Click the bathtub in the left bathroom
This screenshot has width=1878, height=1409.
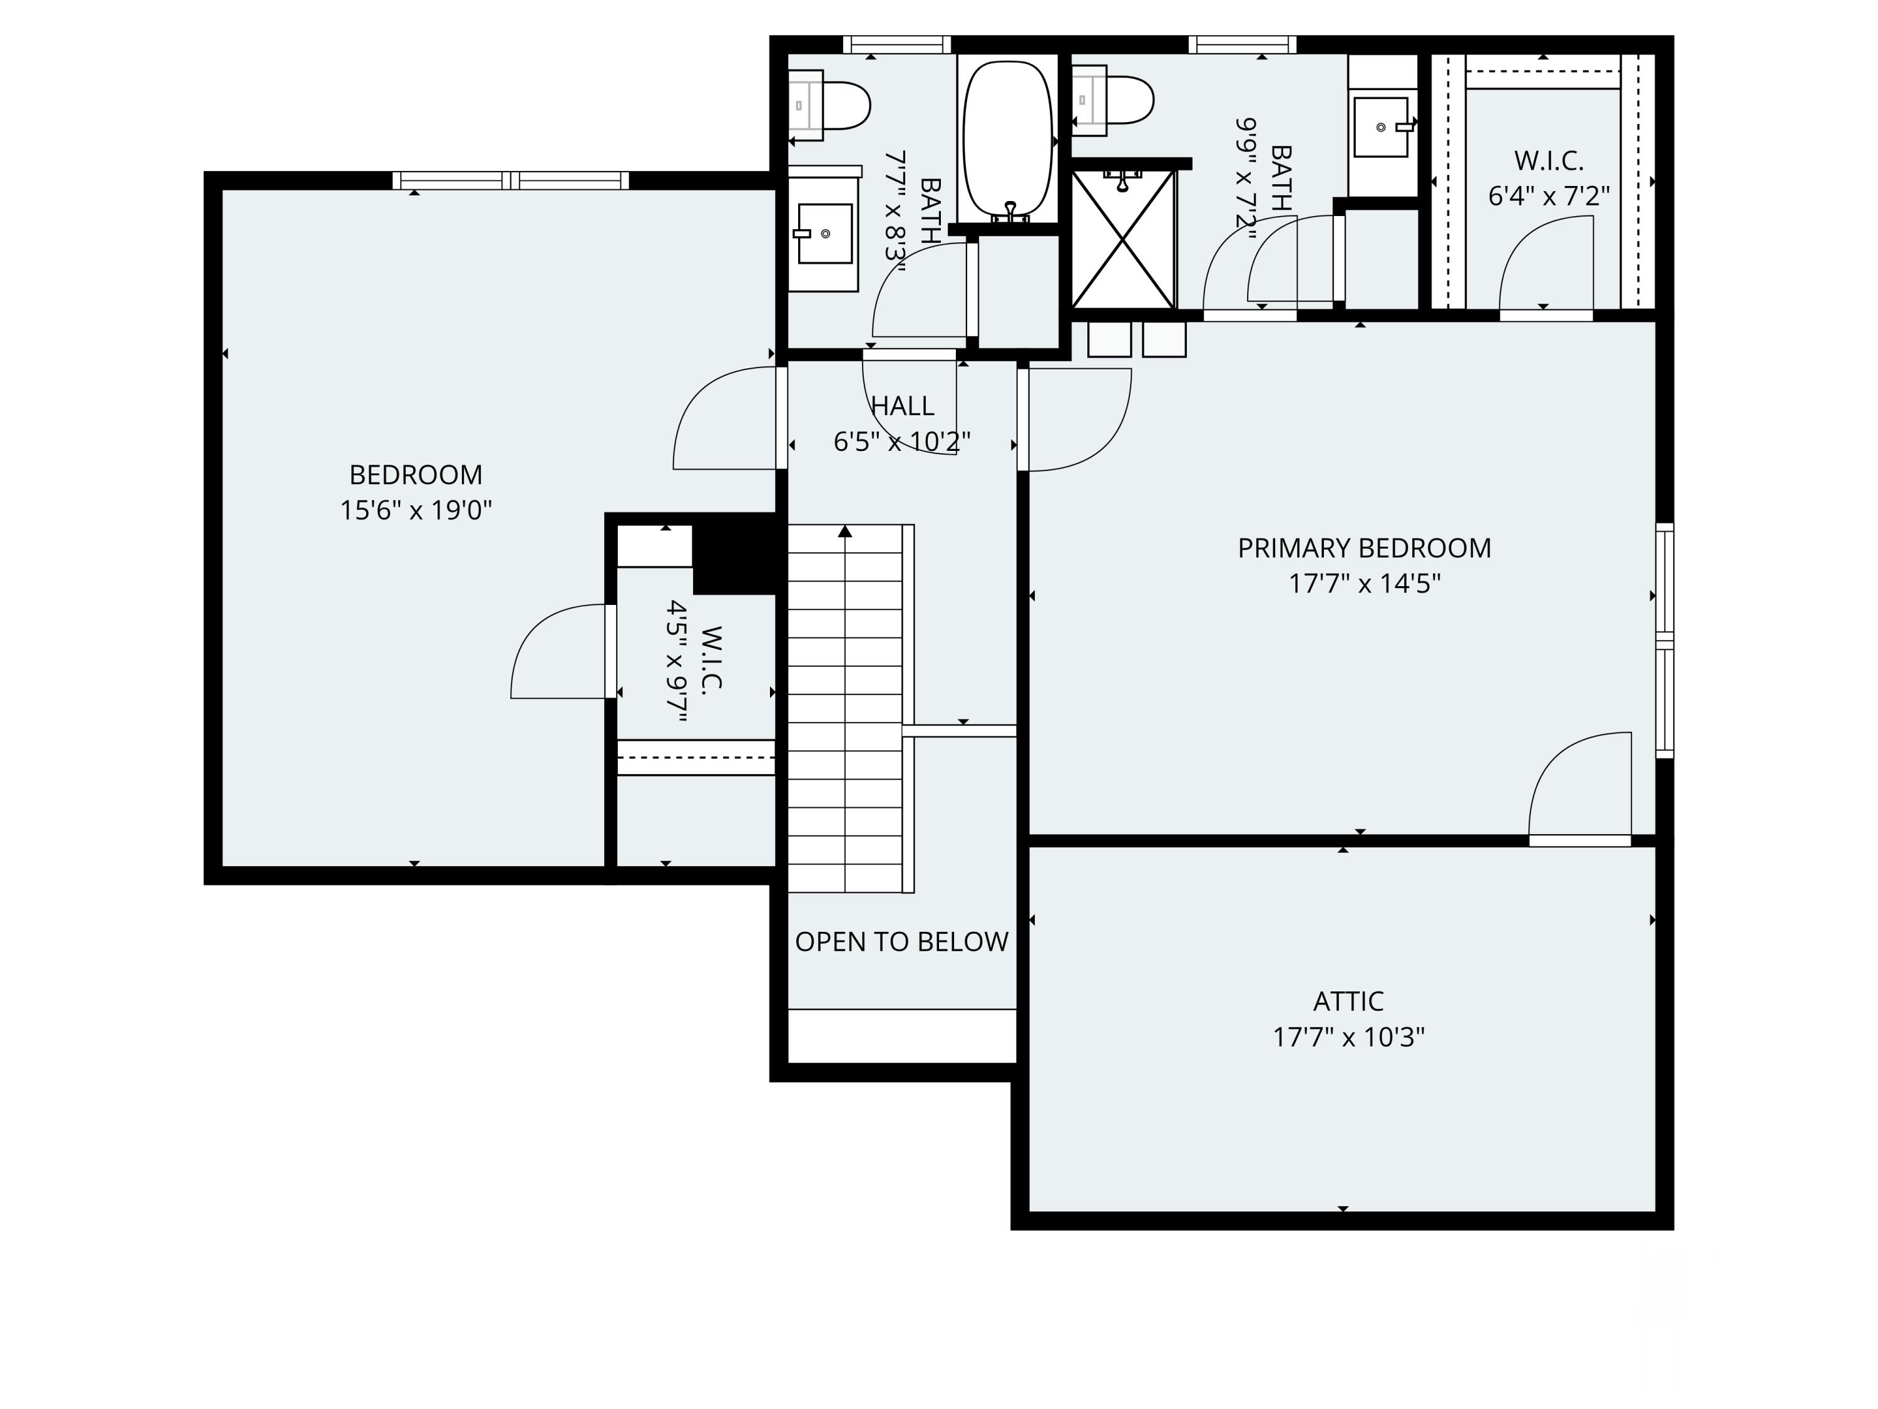1008,138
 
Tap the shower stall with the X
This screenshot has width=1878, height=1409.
1123,239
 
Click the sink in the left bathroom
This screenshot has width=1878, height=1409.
824,233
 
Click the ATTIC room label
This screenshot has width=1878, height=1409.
1348,1001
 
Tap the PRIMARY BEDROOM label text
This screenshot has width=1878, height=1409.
1364,548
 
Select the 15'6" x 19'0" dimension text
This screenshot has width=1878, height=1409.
416,510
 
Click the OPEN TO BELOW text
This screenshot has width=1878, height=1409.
901,941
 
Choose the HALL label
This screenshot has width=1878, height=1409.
903,406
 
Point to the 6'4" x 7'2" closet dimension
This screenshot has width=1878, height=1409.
1549,196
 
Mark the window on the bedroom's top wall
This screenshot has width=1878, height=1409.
511,180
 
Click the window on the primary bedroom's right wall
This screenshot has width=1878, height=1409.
1665,641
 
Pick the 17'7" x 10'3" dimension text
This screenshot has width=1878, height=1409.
1348,1037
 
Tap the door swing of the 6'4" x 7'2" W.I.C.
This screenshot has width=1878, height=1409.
1546,262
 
